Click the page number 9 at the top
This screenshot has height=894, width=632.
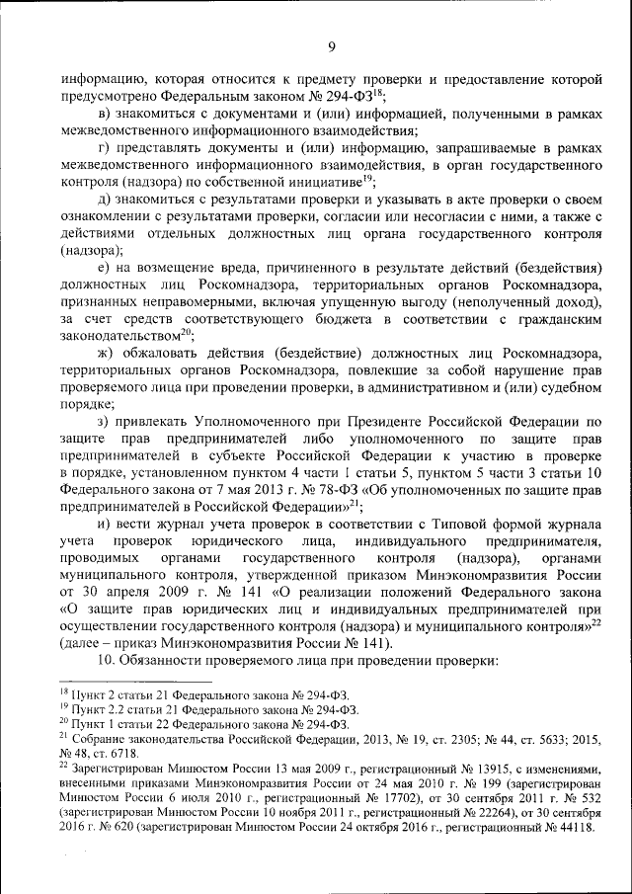[x=332, y=45]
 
